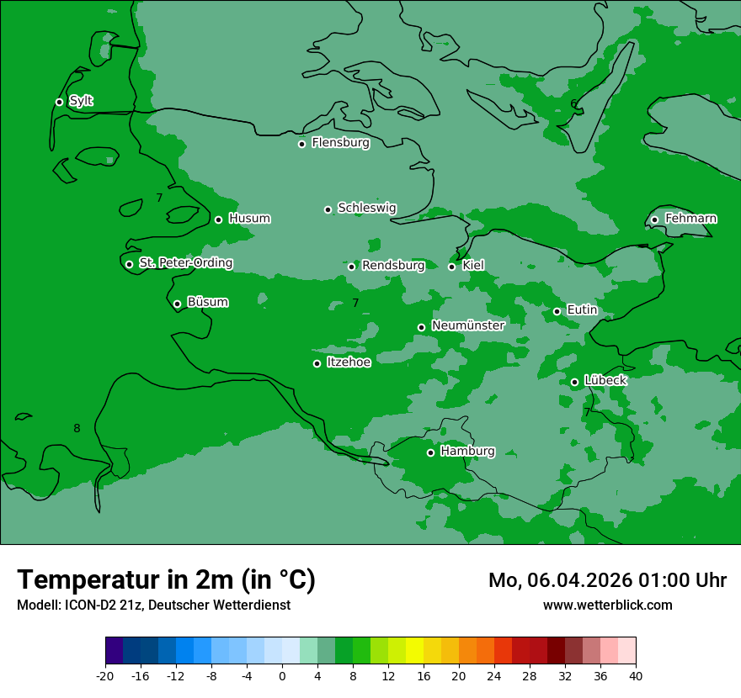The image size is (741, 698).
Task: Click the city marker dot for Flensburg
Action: (301, 144)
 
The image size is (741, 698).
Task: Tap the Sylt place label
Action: (81, 101)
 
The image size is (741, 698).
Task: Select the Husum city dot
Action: (218, 219)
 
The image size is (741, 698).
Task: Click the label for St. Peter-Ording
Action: (185, 263)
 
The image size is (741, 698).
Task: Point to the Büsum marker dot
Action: (177, 304)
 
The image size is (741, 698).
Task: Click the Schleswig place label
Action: (366, 208)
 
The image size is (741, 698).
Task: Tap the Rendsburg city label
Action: (393, 266)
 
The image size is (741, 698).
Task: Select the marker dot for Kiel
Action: (451, 267)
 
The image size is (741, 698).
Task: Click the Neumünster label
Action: (467, 325)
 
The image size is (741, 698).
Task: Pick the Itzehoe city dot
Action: (317, 363)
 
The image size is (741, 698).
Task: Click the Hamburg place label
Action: (467, 452)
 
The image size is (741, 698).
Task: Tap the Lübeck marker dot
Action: (574, 382)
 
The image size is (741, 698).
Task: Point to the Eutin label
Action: (582, 310)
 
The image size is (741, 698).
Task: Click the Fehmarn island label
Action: (690, 219)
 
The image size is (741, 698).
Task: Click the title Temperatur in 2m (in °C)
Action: (166, 580)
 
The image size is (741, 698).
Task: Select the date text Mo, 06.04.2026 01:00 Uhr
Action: (607, 580)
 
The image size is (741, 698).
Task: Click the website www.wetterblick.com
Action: (607, 605)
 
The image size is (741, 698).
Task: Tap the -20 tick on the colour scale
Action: (105, 675)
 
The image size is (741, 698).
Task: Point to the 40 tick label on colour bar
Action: (636, 675)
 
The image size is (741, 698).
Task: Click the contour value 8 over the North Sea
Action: (77, 428)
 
